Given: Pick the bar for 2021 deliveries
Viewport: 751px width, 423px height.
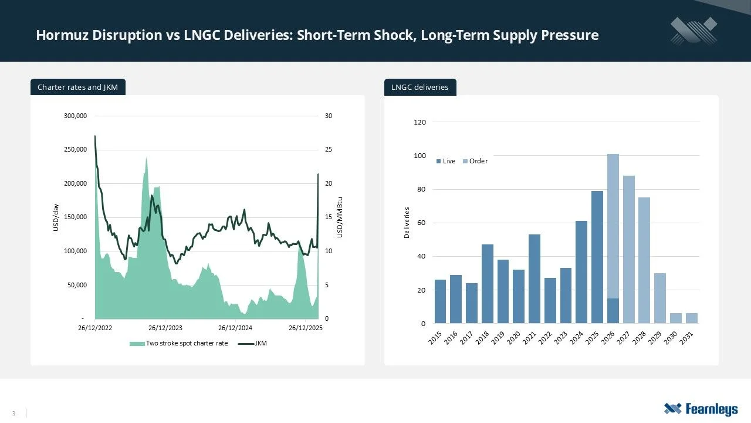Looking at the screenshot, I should [x=535, y=278].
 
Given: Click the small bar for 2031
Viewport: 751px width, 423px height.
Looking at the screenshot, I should [x=691, y=318].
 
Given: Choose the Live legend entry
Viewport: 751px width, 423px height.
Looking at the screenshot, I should [x=446, y=161].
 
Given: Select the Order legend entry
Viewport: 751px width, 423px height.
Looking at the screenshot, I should [x=475, y=161].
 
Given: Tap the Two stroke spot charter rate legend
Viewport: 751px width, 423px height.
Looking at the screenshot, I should [x=179, y=343].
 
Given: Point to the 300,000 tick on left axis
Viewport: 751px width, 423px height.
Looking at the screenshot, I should [x=76, y=116].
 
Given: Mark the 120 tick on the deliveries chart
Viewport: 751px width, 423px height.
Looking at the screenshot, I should [x=419, y=122].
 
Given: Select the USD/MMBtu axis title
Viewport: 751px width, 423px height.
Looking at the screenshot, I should [x=340, y=217].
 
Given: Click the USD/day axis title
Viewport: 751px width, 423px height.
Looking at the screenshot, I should [x=56, y=217].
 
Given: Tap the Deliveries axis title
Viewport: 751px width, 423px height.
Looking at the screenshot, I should [x=406, y=223].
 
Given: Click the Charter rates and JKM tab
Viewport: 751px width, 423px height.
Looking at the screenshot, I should [x=77, y=88].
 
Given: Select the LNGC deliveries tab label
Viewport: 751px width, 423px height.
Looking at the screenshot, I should [x=420, y=88].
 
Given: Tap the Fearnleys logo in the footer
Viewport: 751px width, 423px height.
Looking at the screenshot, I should [x=701, y=409].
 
